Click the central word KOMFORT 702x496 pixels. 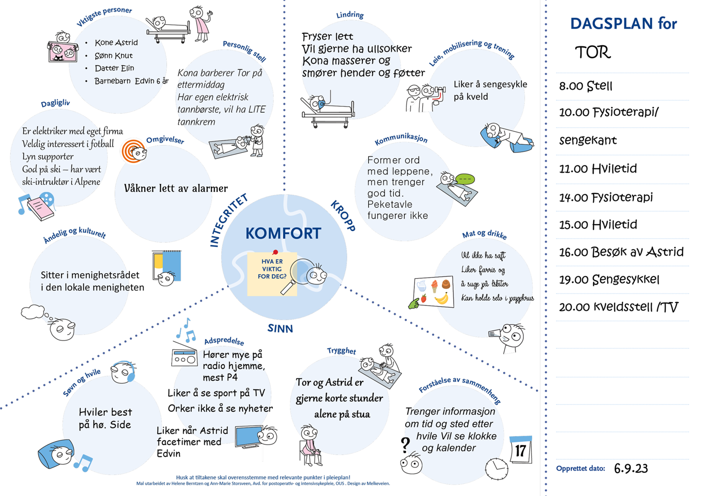point(283,233)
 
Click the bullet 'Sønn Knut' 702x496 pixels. point(114,56)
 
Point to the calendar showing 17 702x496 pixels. point(521,450)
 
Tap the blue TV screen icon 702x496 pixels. point(248,437)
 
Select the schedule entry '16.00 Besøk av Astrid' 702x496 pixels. point(621,252)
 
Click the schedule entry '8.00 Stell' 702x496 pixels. point(585,86)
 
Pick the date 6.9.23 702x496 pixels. point(630,468)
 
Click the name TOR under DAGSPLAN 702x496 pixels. point(592,53)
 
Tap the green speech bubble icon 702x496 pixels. point(465,179)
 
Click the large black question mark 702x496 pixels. point(405,445)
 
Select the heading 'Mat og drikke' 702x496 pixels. point(484,235)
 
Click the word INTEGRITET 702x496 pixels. point(228,220)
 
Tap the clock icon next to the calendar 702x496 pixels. point(496,469)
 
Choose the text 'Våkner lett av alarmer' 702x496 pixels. point(175,189)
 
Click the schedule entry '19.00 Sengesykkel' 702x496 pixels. point(609,279)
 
